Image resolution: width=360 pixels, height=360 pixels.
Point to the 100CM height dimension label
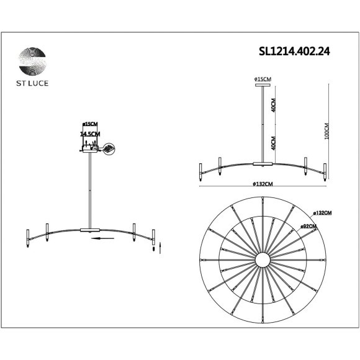(326, 130)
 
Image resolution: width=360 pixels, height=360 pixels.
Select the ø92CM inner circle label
(308, 227)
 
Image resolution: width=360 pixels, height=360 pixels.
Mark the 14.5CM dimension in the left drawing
(90, 133)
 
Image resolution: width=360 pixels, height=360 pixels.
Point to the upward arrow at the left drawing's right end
(161, 248)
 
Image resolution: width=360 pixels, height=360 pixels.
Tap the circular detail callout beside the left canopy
(110, 149)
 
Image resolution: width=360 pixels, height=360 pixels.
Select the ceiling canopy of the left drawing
(91, 148)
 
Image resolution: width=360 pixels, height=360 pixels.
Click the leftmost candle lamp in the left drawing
(27, 236)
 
